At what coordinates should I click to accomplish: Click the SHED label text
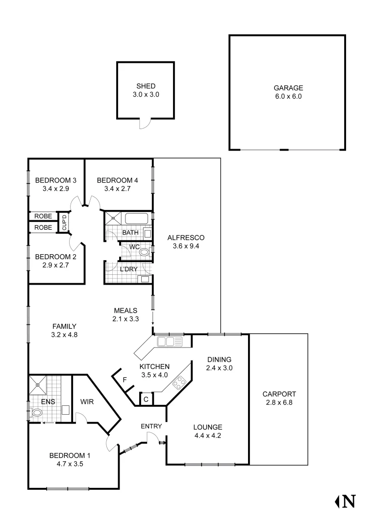pos(146,86)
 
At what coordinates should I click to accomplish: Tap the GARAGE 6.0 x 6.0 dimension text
pos(288,97)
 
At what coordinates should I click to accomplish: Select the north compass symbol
pos(345,501)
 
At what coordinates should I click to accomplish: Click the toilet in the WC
pos(144,253)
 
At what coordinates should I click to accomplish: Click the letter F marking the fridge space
pos(125,380)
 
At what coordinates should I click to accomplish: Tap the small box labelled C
pos(146,399)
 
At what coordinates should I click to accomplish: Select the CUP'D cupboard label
pos(64,222)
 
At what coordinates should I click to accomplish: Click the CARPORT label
pos(279,394)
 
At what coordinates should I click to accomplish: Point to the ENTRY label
pos(151,426)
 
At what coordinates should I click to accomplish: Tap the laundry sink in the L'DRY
pos(145,279)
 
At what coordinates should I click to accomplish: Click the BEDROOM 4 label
pos(117,180)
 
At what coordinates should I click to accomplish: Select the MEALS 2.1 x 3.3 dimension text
pos(125,318)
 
